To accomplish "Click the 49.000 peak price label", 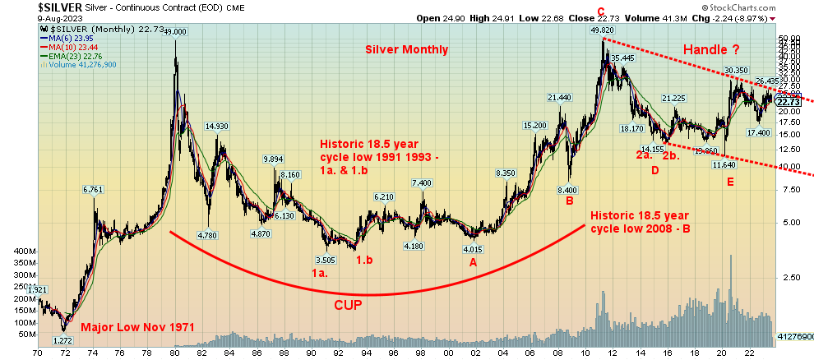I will pyautogui.click(x=175, y=31).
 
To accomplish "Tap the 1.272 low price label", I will pyautogui.click(x=62, y=339).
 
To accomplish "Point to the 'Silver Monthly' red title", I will pyautogui.click(x=407, y=49).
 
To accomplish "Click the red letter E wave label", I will pyautogui.click(x=729, y=180).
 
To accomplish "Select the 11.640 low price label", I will pyautogui.click(x=724, y=165).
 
